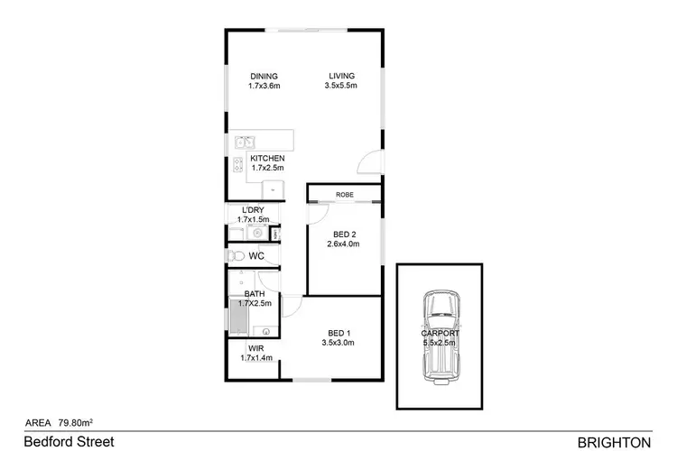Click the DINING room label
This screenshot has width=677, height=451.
(x=264, y=76)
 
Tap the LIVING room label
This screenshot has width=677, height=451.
(x=341, y=76)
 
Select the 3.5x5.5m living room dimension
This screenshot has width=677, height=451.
(x=341, y=87)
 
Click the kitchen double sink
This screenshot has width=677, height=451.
(x=245, y=142)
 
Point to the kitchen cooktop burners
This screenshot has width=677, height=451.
(x=238, y=165)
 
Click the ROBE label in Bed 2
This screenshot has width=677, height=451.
(x=344, y=195)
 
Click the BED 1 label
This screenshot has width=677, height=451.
(x=337, y=332)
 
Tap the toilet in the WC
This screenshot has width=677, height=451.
(x=235, y=257)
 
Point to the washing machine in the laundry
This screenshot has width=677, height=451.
(x=256, y=233)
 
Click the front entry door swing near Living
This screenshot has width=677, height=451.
(x=368, y=163)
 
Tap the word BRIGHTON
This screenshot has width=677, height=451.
(x=613, y=441)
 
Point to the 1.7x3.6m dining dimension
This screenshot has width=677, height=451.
(x=264, y=87)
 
